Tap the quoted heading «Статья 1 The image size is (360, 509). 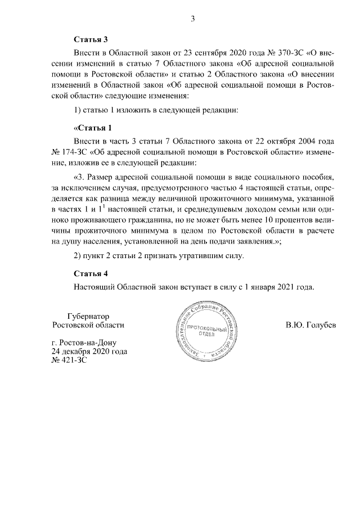[93, 127]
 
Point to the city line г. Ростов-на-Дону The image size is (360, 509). [84, 343]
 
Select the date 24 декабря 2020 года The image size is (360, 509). [89, 352]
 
